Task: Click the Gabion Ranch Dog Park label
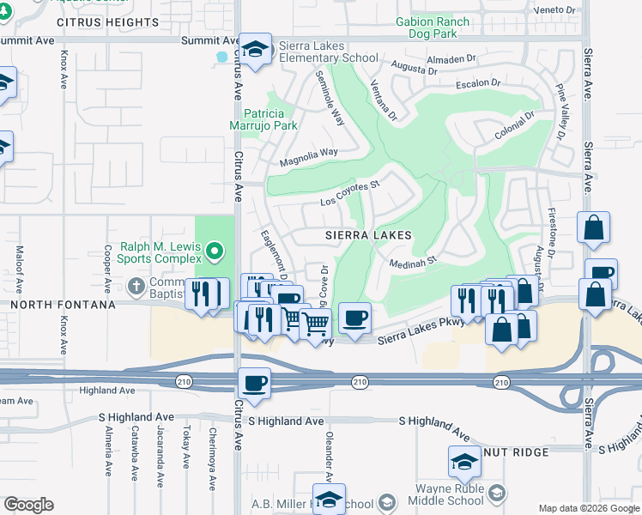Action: pyautogui.click(x=433, y=28)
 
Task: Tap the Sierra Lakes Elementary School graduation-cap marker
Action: pyautogui.click(x=255, y=50)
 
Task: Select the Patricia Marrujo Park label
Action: pyautogui.click(x=270, y=119)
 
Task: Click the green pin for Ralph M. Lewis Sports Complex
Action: pyautogui.click(x=215, y=252)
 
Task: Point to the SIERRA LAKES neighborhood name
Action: pyautogui.click(x=368, y=235)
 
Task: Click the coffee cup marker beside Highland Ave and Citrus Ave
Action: pyautogui.click(x=255, y=384)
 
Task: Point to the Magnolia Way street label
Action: pyautogui.click(x=309, y=156)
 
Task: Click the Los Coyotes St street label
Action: pyautogui.click(x=349, y=193)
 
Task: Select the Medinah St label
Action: pyautogui.click(x=414, y=259)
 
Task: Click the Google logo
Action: pyautogui.click(x=28, y=505)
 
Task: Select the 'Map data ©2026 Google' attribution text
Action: pyautogui.click(x=589, y=508)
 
